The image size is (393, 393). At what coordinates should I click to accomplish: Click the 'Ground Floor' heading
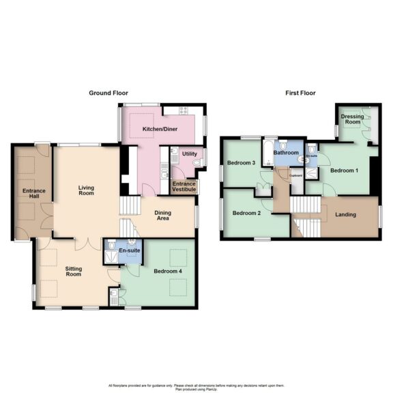point(109,92)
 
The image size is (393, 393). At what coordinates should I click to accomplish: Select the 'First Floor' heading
point(300,92)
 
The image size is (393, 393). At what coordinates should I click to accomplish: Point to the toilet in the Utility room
point(196,163)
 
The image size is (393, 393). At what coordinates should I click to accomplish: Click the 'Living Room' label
point(86,190)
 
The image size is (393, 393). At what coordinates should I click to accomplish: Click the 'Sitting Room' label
point(73,272)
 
